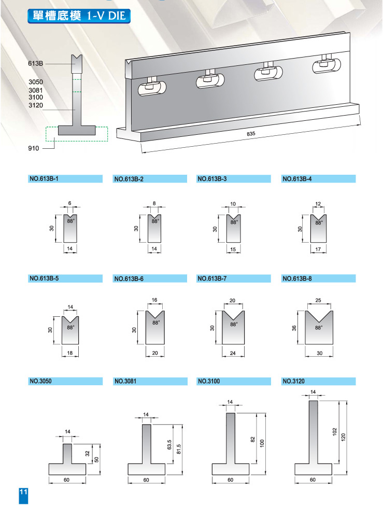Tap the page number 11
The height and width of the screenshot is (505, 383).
(23, 492)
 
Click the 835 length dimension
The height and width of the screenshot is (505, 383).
(251, 133)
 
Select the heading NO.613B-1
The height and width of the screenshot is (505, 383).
(44, 179)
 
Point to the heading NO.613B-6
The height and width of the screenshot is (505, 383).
(129, 278)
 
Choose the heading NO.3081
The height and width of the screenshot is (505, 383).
(125, 381)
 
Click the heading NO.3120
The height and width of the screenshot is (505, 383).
(293, 381)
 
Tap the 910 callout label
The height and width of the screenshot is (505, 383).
(34, 148)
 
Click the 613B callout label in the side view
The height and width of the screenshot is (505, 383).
(35, 63)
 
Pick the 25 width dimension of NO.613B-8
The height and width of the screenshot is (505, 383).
(318, 300)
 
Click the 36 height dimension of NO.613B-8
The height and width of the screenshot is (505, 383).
(294, 328)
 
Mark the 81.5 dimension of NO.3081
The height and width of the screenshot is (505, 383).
(179, 450)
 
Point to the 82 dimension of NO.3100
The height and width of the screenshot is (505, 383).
(252, 439)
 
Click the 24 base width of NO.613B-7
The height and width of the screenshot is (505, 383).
(233, 353)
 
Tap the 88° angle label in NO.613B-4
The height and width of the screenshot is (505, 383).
(319, 222)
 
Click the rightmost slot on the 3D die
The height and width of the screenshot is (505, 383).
(327, 65)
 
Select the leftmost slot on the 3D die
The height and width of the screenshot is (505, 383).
(152, 88)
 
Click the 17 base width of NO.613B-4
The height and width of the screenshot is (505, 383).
(318, 249)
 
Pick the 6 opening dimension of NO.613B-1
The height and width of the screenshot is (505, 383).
(69, 203)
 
